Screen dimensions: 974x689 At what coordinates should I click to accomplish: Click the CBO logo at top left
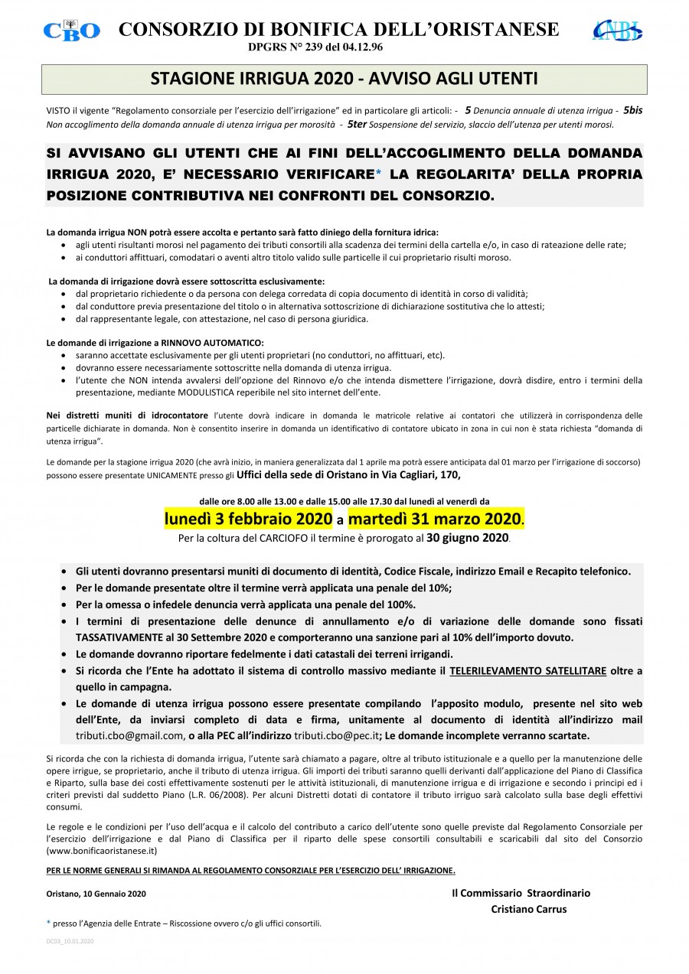(71, 30)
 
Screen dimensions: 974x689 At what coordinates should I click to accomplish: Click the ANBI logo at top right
(617, 30)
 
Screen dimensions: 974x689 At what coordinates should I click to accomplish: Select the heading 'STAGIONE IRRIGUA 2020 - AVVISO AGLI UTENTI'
(344, 79)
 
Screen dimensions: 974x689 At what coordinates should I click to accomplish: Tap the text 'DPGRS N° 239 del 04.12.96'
(315, 47)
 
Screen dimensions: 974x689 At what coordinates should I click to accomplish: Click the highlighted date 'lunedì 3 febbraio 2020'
(248, 520)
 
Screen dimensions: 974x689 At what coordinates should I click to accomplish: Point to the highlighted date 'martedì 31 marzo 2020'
(436, 520)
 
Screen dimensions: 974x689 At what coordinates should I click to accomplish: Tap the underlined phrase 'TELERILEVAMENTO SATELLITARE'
(527, 671)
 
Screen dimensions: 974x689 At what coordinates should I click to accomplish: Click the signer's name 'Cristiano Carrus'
(529, 909)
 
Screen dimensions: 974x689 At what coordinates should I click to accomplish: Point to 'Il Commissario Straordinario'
(521, 893)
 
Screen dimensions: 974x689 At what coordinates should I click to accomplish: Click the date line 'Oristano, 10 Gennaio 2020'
(96, 894)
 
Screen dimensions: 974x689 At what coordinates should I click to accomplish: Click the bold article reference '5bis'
(632, 110)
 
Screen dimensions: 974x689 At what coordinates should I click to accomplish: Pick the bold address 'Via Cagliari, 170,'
(413, 475)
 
